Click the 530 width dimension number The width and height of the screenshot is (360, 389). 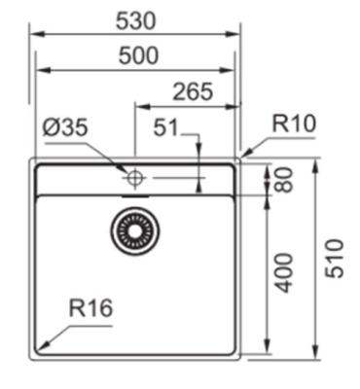click(x=136, y=21)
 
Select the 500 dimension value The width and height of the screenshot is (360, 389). click(x=138, y=55)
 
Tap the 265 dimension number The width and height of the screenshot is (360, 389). click(x=193, y=91)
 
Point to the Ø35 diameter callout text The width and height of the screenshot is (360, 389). click(x=65, y=126)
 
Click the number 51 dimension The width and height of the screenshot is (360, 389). click(x=165, y=127)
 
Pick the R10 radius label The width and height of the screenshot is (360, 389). click(x=294, y=124)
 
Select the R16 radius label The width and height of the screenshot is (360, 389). click(x=90, y=307)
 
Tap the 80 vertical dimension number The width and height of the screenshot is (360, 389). click(x=284, y=180)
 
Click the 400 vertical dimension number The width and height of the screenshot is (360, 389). click(x=284, y=272)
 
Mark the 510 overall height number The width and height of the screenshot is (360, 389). click(x=334, y=259)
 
